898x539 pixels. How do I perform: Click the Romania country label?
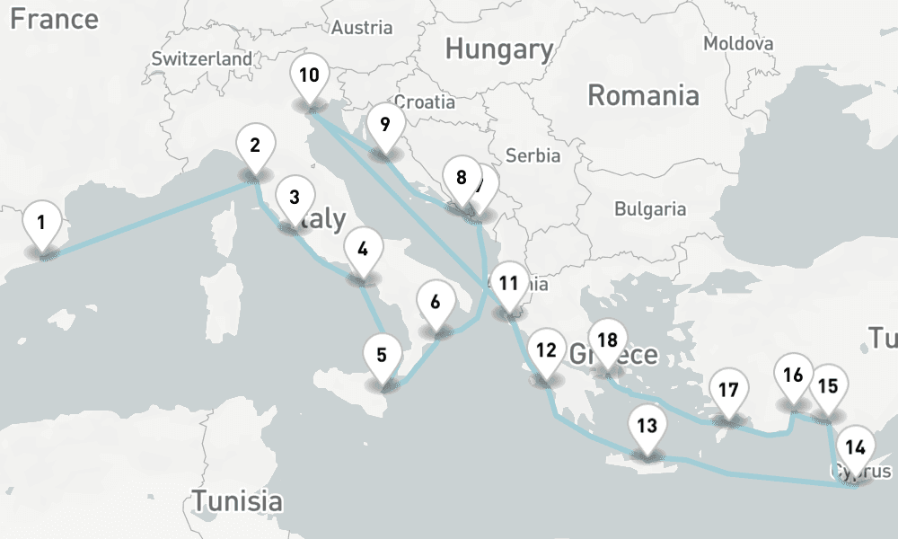click(643, 94)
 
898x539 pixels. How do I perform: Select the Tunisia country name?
click(237, 500)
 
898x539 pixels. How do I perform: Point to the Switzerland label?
click(202, 58)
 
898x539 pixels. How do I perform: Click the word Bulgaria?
click(650, 209)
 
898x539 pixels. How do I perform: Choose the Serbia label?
click(533, 155)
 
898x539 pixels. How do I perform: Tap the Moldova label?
click(738, 43)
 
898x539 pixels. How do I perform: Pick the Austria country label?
click(362, 27)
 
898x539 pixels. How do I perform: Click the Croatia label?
click(425, 102)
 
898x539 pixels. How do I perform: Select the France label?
click(55, 19)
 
